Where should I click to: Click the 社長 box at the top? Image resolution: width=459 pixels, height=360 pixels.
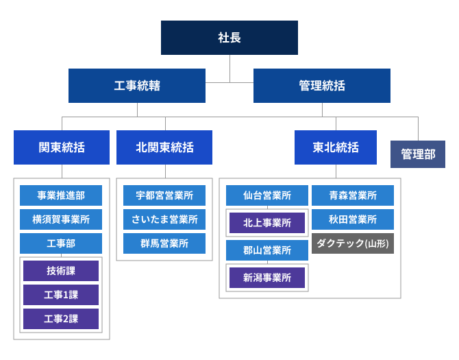click(229, 38)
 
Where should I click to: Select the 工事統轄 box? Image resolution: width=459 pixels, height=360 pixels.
click(137, 86)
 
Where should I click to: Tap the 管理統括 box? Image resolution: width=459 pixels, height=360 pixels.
click(322, 86)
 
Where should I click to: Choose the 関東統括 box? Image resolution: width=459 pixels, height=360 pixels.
click(62, 147)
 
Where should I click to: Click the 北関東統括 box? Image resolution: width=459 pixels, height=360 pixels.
click(164, 147)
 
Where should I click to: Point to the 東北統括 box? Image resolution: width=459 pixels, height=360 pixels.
click(336, 147)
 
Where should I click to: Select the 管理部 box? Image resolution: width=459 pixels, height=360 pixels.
click(418, 154)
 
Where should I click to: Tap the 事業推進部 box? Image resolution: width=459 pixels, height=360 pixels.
click(61, 195)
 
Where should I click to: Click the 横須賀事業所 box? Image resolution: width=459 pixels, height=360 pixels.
click(61, 219)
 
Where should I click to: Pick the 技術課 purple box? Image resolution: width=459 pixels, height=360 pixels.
click(61, 271)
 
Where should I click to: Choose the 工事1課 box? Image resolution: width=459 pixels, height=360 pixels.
click(61, 295)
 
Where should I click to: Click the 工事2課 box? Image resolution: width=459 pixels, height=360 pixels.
click(61, 319)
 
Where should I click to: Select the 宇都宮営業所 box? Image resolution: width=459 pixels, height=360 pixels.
click(164, 195)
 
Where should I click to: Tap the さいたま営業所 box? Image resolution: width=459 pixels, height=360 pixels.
click(164, 219)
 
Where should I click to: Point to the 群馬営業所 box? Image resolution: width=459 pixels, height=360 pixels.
click(164, 243)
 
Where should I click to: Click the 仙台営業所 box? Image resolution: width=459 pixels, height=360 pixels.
click(267, 195)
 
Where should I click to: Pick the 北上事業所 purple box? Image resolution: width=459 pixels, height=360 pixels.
click(267, 223)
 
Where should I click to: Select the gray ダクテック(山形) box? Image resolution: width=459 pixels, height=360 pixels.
click(353, 243)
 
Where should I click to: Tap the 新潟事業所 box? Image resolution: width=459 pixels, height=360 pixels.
click(267, 278)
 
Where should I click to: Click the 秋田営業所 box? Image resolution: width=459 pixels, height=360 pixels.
click(353, 219)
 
